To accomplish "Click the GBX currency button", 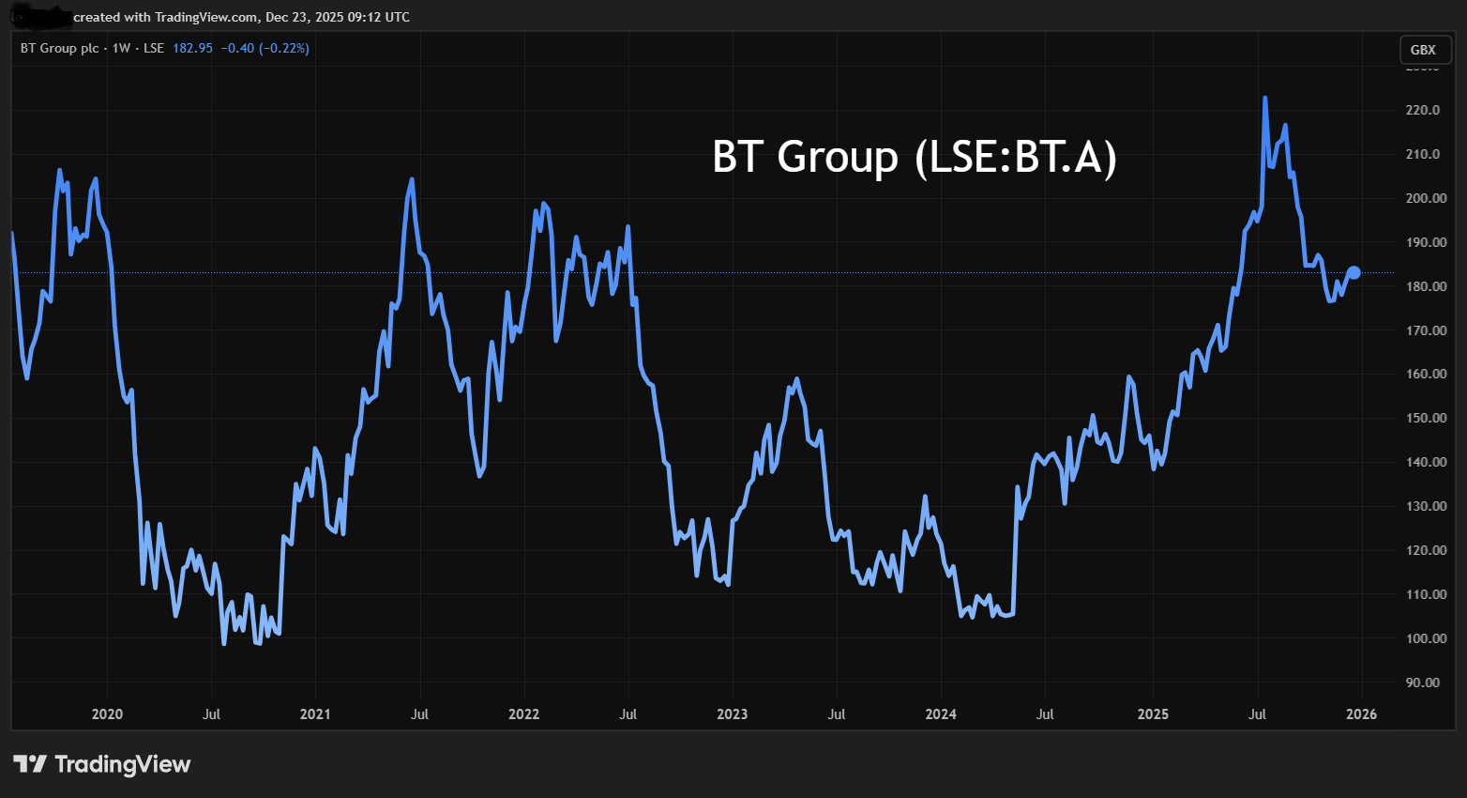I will coord(1423,50).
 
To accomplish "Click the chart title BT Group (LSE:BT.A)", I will coord(915,157).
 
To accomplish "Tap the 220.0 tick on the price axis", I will coord(1422,110).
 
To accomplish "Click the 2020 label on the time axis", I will coord(107,714).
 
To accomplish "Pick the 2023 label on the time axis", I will coord(732,714).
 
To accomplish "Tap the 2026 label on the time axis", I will coord(1361,714).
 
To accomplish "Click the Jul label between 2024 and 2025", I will coord(1045,714).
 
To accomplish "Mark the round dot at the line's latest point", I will coord(1354,273).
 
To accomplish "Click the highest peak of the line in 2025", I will coord(1265,99).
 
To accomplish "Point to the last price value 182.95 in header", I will coord(192,48).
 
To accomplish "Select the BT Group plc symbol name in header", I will coord(59,48).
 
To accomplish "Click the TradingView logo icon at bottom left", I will coord(29,764).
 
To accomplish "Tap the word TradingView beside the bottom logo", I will coord(122,764).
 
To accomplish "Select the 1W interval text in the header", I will coord(121,48).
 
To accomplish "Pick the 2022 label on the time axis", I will coord(523,714).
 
